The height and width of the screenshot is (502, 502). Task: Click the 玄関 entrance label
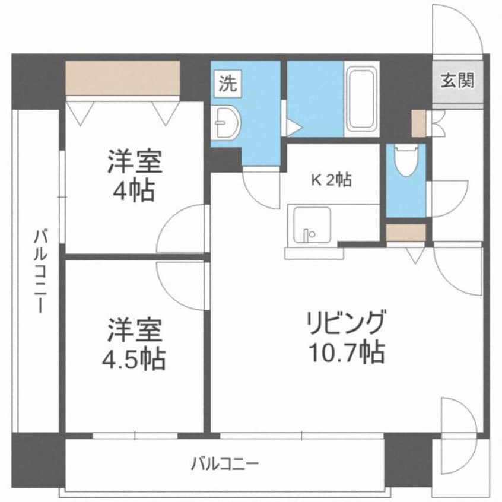coord(457,81)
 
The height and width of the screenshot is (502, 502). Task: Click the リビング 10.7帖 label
coord(347,337)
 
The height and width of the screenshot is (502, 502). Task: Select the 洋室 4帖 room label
coord(135,176)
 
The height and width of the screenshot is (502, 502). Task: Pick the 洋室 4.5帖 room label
coord(135,344)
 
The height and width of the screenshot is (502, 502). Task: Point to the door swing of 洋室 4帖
coord(183,230)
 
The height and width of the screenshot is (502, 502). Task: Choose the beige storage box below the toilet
coord(406,233)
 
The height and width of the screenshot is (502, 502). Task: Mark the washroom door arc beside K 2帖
coord(261,187)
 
